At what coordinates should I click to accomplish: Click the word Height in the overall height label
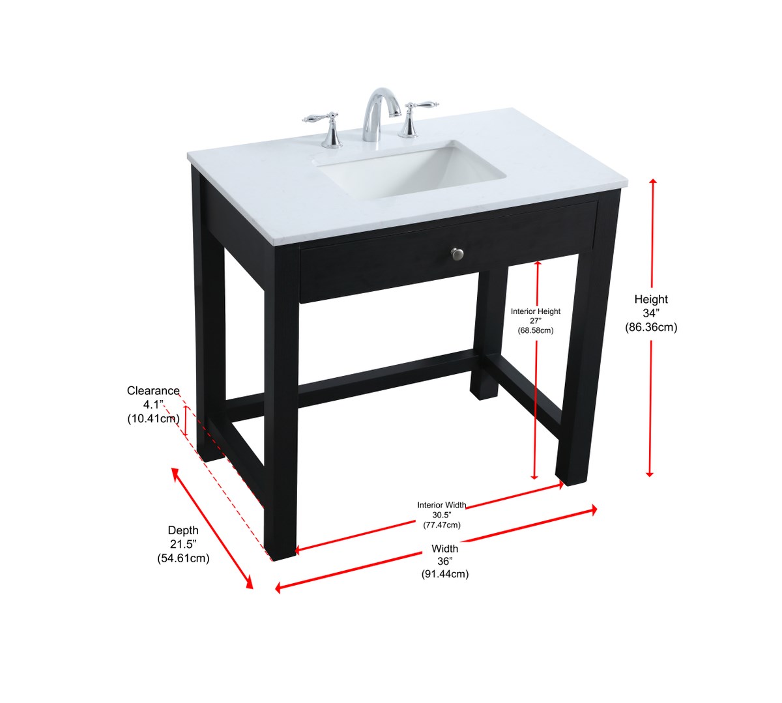pos(651,299)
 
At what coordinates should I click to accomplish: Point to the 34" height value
pos(651,313)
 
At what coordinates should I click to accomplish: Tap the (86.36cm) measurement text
pos(651,327)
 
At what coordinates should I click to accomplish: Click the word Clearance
pos(153,390)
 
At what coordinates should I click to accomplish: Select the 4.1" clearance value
pos(152,405)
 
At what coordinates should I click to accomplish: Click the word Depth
pos(183,530)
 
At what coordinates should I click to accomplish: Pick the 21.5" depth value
pos(183,544)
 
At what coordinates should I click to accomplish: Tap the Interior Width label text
pos(442,505)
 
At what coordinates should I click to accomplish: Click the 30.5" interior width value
pos(442,515)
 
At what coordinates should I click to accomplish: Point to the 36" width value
pos(445,562)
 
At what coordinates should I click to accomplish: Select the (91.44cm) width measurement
pos(445,575)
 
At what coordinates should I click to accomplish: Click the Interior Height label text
pos(536,311)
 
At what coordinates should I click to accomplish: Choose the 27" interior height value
pos(536,321)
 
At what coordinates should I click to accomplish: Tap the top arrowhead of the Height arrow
pos(652,182)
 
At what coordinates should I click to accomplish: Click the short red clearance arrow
pos(186,421)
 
